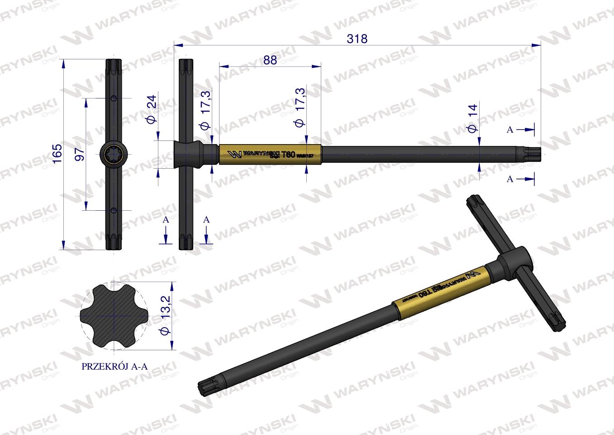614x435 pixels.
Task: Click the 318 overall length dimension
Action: point(357,39)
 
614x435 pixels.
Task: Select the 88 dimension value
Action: point(270,60)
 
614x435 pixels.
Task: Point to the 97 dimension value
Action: point(79,154)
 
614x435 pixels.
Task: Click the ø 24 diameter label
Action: point(151,109)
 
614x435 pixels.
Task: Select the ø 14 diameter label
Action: point(472,118)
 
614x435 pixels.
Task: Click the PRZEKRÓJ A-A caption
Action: point(114,367)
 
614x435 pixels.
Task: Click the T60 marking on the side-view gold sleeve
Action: point(288,154)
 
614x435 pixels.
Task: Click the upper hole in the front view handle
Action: point(114,98)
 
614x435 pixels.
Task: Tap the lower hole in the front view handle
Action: point(114,210)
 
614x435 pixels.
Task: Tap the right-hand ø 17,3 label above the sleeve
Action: point(300,106)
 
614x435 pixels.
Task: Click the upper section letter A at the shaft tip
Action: point(510,130)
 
